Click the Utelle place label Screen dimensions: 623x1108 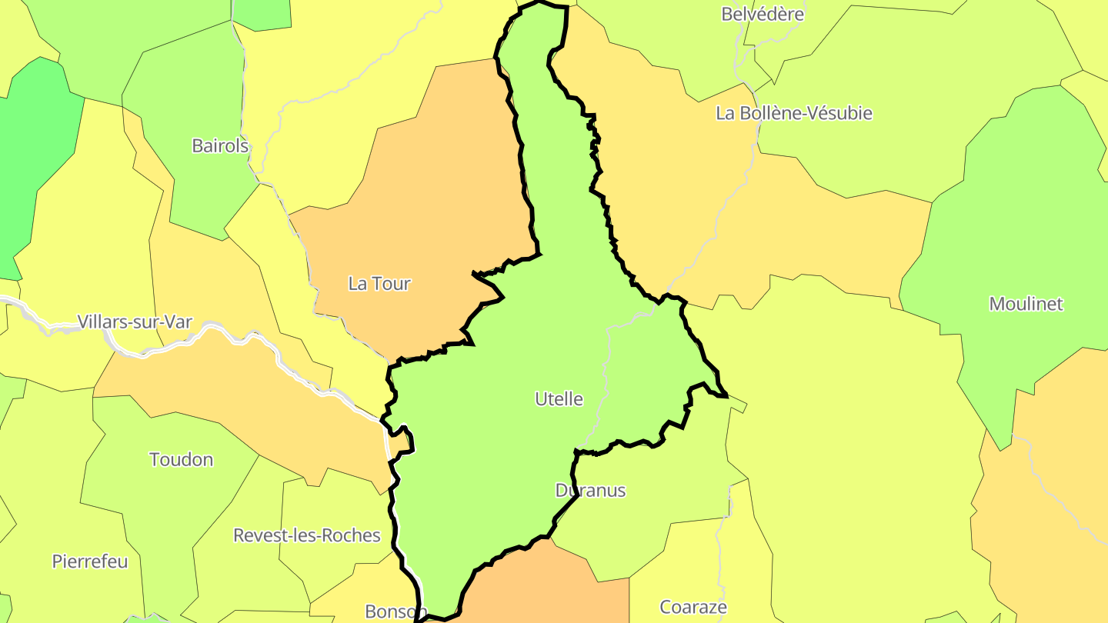pos(559,399)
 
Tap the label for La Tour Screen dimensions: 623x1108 pos(379,284)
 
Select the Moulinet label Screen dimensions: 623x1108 pos(1026,304)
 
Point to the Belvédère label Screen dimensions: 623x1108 pos(763,14)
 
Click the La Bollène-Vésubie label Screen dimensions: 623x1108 pos(794,113)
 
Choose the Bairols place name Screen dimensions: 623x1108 pos(220,145)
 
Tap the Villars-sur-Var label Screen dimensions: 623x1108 pos(135,321)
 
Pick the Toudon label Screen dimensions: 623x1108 pos(181,460)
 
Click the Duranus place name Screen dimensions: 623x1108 pos(590,491)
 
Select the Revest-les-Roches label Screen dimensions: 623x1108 pos(307,535)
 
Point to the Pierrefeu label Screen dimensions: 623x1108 pos(90,561)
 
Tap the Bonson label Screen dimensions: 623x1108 pos(395,611)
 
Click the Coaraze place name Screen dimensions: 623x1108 pos(693,608)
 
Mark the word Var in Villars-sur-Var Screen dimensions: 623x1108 pos(179,321)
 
